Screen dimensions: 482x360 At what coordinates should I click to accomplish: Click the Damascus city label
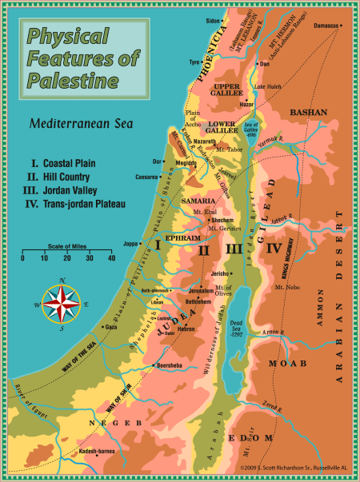click(x=326, y=26)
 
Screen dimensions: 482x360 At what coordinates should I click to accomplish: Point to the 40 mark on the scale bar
click(x=111, y=258)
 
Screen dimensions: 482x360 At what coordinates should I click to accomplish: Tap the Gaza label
click(x=110, y=327)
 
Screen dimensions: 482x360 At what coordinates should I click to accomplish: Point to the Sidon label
click(x=211, y=20)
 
